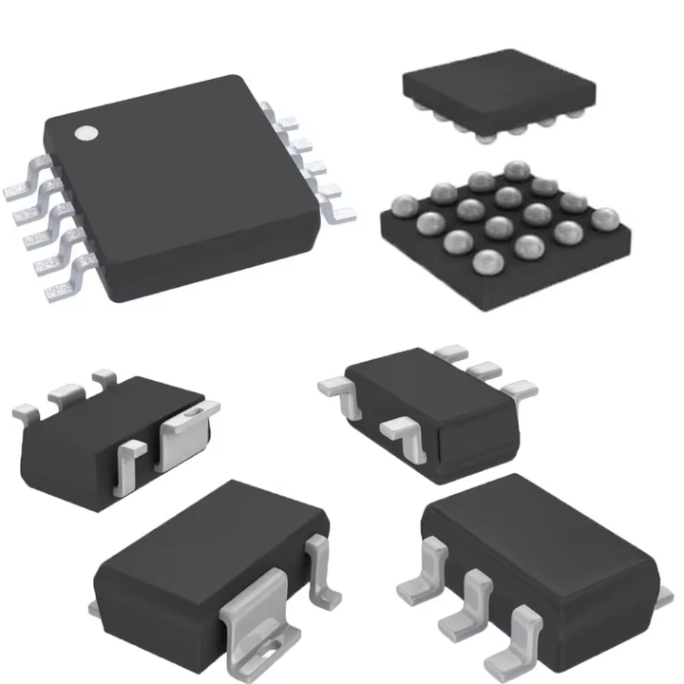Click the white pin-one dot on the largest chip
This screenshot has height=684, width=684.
pos(86,134)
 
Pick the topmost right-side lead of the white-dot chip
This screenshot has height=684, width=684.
pos(270,111)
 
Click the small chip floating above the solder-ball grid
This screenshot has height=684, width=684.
pos(499,93)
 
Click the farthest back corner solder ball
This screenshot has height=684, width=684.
pos(517,171)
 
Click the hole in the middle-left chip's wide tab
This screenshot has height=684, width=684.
pos(196,412)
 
